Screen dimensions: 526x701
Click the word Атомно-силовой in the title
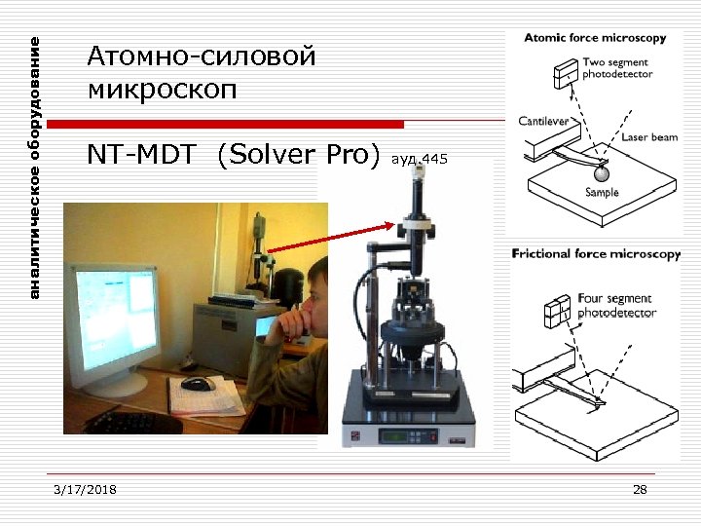202,57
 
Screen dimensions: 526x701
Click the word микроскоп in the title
161,91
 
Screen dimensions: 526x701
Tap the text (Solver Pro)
299,155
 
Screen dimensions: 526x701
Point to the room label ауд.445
419,158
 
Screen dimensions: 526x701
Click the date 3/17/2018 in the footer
86,489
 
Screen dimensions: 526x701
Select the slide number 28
640,489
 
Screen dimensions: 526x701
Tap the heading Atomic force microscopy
595,39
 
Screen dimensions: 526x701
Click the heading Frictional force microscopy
596,254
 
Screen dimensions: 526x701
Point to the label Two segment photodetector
617,68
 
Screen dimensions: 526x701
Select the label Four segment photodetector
617,306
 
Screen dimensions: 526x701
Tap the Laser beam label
649,137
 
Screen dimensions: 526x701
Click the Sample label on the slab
602,193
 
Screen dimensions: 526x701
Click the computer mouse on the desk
198,383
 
